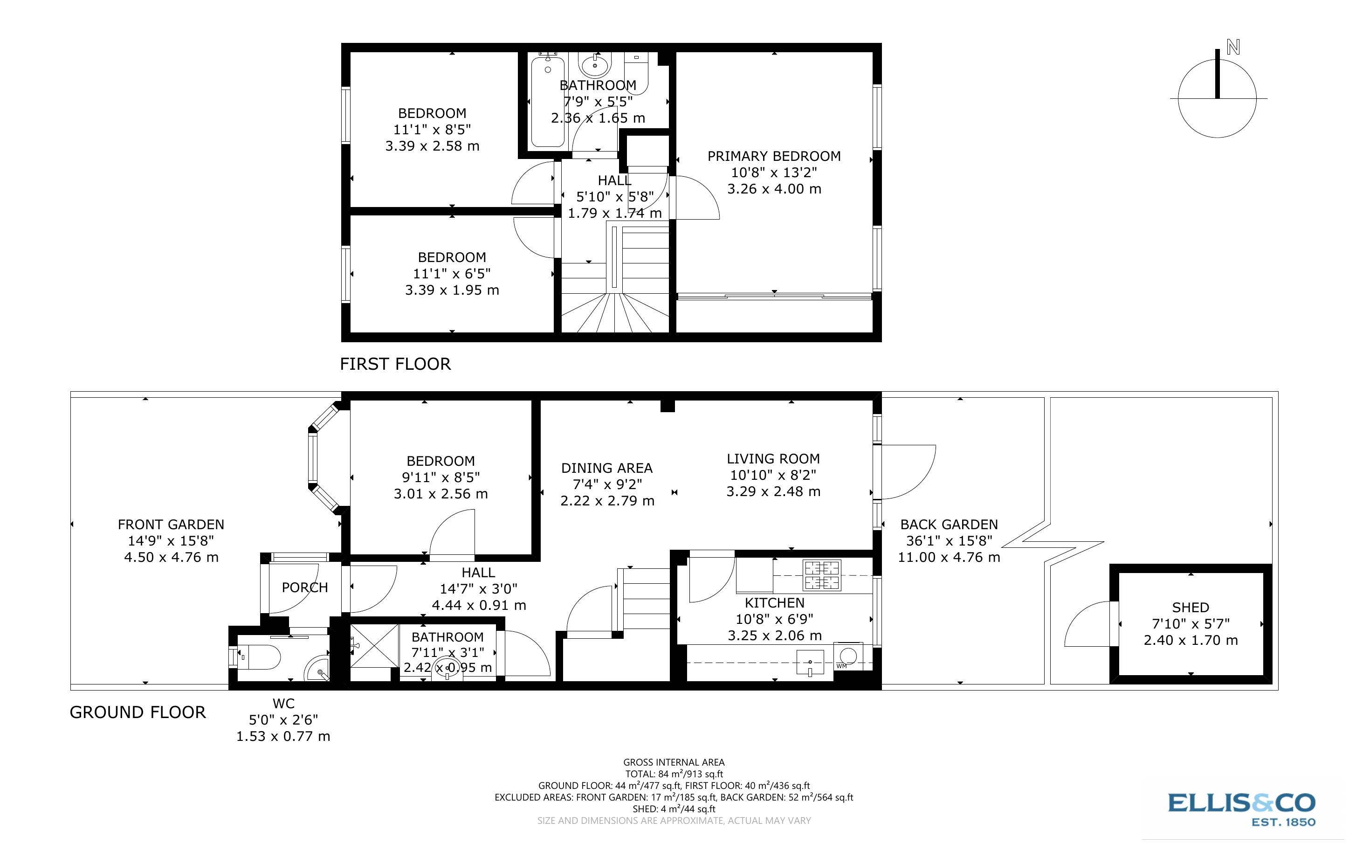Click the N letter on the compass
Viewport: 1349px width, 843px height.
click(1233, 48)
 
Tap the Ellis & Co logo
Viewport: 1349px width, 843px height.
click(1241, 808)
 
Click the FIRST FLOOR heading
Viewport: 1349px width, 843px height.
click(395, 364)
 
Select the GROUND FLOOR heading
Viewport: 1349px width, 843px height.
click(138, 712)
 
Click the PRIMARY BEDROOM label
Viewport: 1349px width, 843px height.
click(773, 156)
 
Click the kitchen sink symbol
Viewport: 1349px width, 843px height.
click(810, 663)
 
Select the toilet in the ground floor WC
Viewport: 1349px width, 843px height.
click(258, 658)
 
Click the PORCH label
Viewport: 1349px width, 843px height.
click(304, 587)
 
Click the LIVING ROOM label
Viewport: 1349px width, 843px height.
click(773, 459)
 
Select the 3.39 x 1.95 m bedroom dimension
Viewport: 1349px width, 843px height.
click(451, 290)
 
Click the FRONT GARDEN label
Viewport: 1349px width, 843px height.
click(171, 525)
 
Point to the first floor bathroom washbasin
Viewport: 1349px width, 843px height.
click(595, 65)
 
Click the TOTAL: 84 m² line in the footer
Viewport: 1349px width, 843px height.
click(674, 774)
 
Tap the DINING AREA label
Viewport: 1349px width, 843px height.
click(606, 468)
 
